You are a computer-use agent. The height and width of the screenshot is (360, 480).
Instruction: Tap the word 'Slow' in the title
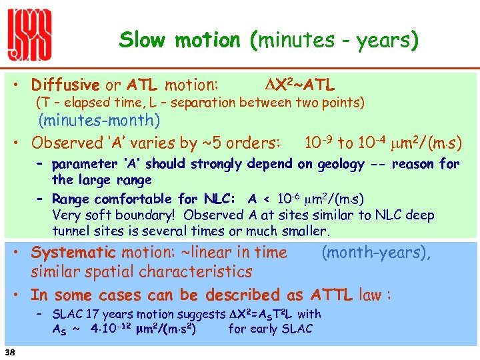[144, 41]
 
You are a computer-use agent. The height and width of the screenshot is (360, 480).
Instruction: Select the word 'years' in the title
[378, 41]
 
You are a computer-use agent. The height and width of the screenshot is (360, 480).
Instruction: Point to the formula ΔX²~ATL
[296, 85]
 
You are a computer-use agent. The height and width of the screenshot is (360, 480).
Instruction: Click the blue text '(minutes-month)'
[99, 121]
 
